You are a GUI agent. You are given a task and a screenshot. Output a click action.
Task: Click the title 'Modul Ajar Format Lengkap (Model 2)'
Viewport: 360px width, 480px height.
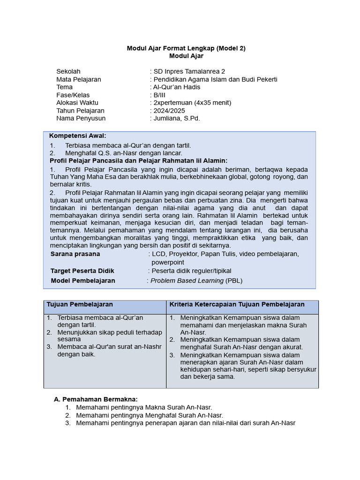pos(186,48)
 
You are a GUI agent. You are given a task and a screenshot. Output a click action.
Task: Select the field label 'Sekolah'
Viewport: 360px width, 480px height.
pos(68,71)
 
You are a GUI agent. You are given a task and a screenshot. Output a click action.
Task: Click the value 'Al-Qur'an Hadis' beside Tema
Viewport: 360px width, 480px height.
pos(177,87)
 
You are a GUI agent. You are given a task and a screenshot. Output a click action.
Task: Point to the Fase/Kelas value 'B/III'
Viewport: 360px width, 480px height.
pos(160,95)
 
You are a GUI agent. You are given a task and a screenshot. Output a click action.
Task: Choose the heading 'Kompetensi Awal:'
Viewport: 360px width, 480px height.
pos(78,135)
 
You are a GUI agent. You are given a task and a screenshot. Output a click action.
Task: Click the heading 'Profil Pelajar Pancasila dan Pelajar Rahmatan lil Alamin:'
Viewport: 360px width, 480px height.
pos(138,160)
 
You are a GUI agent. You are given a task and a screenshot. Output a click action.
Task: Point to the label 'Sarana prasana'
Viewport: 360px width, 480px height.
pos(75,254)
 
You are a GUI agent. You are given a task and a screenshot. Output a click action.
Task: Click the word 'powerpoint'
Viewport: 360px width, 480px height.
pos(167,262)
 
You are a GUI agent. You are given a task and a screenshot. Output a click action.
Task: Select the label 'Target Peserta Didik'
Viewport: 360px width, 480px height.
pos(82,271)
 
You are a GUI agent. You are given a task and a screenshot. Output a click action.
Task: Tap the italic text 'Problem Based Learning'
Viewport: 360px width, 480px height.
pos(187,281)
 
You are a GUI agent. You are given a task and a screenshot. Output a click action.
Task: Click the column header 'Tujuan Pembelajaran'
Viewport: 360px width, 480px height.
pos(80,304)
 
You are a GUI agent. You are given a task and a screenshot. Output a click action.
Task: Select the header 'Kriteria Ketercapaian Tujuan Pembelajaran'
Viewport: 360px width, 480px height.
pos(237,304)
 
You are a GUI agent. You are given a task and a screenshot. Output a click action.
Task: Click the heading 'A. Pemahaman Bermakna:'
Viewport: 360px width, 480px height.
pos(96,399)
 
